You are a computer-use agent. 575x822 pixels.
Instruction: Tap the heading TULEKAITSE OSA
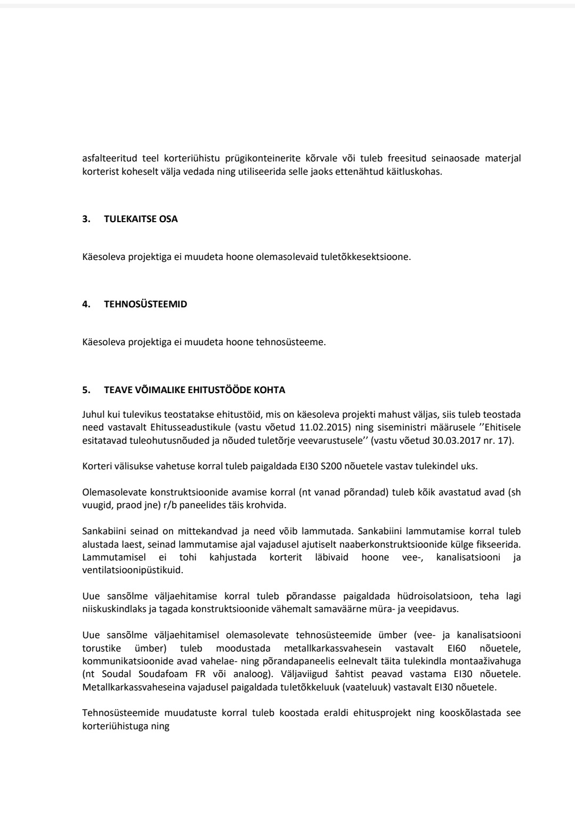click(x=141, y=219)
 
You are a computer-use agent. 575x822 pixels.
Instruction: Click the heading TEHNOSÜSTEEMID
click(x=145, y=305)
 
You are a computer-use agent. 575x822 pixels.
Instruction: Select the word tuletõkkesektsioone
click(x=366, y=257)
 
